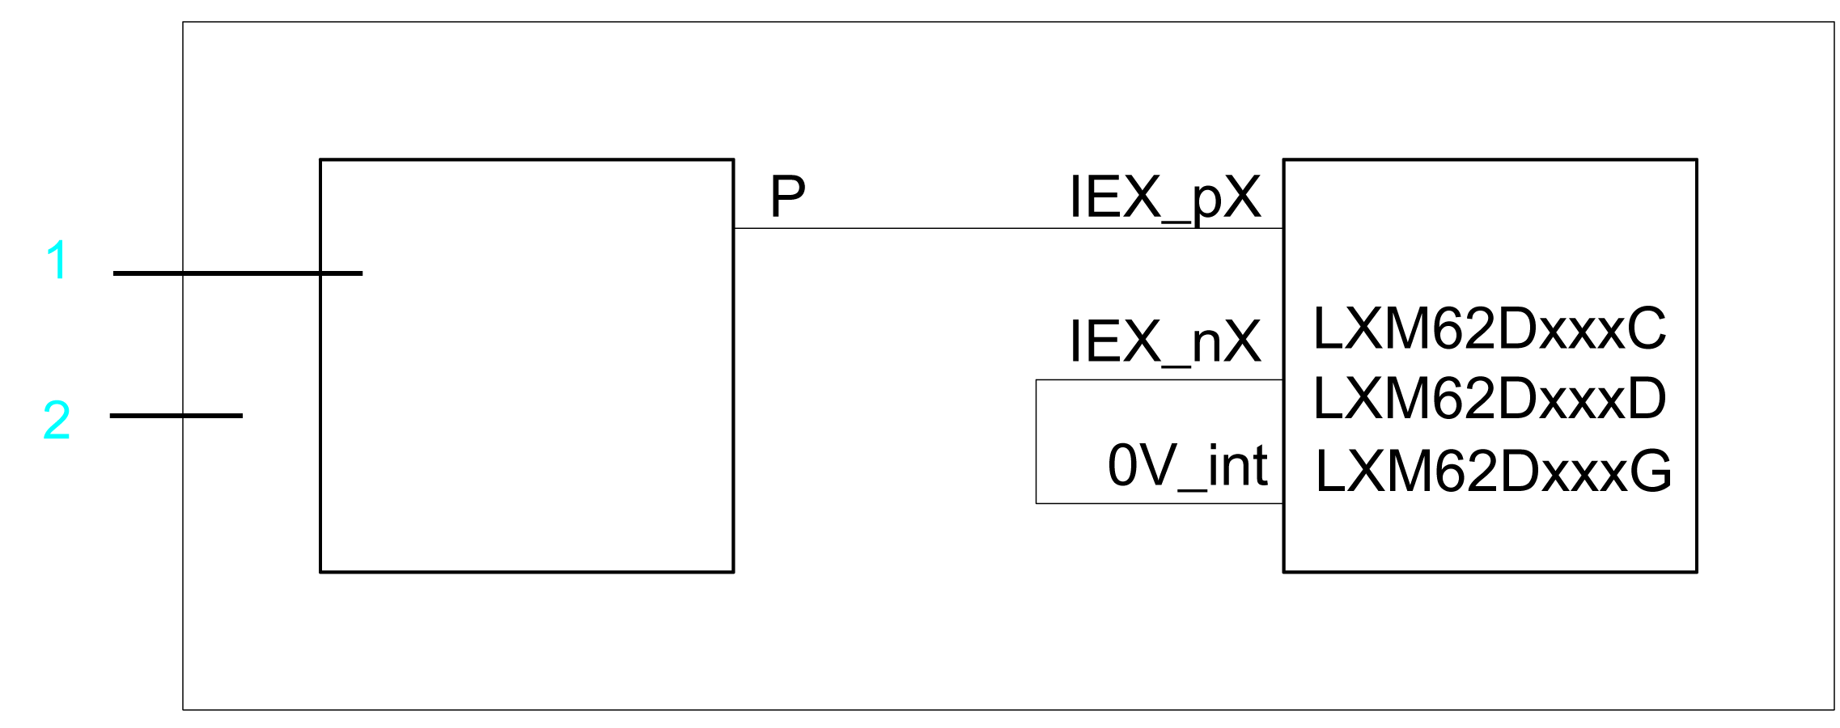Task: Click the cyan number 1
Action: [57, 260]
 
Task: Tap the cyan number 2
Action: [57, 421]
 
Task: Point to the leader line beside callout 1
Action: [237, 273]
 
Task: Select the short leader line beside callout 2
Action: [176, 416]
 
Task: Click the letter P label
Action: [787, 197]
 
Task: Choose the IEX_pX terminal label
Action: [1164, 198]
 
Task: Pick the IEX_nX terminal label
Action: [1164, 342]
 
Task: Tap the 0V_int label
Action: [1187, 467]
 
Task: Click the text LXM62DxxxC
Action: [1489, 329]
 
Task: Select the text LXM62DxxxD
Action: [1489, 399]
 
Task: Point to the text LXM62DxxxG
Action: [1493, 472]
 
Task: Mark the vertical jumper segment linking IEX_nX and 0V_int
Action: [1037, 442]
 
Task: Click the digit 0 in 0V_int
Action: [1122, 467]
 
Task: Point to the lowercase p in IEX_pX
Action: [1206, 202]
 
